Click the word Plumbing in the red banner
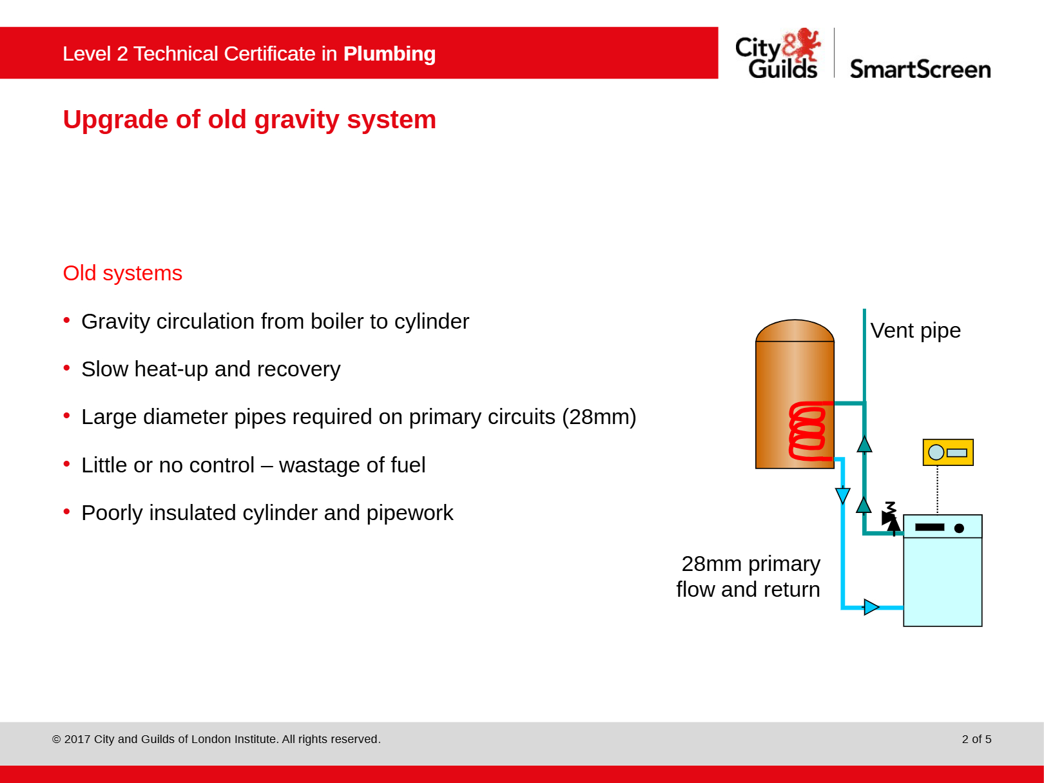coord(389,53)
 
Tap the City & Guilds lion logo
coord(802,44)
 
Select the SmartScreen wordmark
coord(920,70)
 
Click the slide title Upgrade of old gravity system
coord(249,119)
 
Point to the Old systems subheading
coord(122,273)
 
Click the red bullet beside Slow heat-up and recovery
coord(66,368)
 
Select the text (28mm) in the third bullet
coord(599,417)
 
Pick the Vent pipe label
coord(915,331)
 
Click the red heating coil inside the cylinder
coord(808,431)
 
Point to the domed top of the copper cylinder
coord(795,331)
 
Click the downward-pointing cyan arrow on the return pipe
coord(842,496)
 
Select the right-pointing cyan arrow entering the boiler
coord(871,607)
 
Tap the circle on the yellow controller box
coord(936,452)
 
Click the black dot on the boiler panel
coord(959,528)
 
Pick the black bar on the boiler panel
coord(930,527)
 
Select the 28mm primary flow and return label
coord(748,577)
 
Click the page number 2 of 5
coord(976,739)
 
